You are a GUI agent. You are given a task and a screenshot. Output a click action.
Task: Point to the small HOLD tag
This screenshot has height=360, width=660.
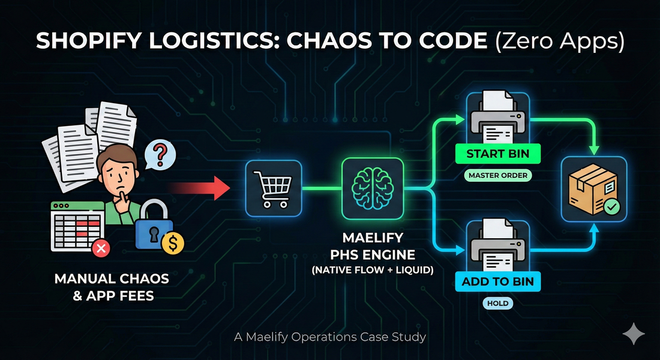[497, 304]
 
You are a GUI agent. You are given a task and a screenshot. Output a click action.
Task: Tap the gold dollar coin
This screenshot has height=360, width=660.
[175, 244]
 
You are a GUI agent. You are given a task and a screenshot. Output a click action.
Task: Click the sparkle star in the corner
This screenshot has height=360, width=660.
[634, 334]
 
